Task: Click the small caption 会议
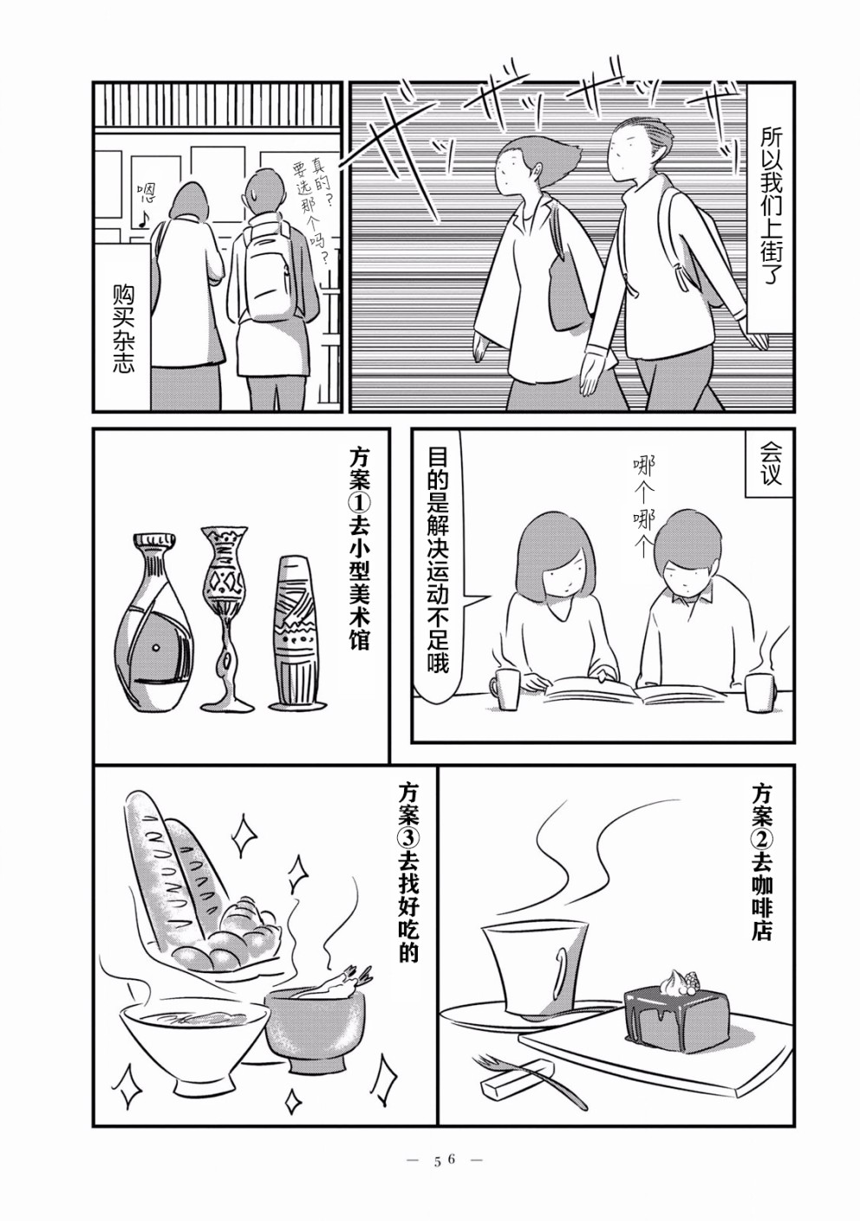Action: click(x=770, y=463)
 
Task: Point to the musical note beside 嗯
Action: click(x=144, y=218)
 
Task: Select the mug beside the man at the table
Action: click(x=759, y=692)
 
